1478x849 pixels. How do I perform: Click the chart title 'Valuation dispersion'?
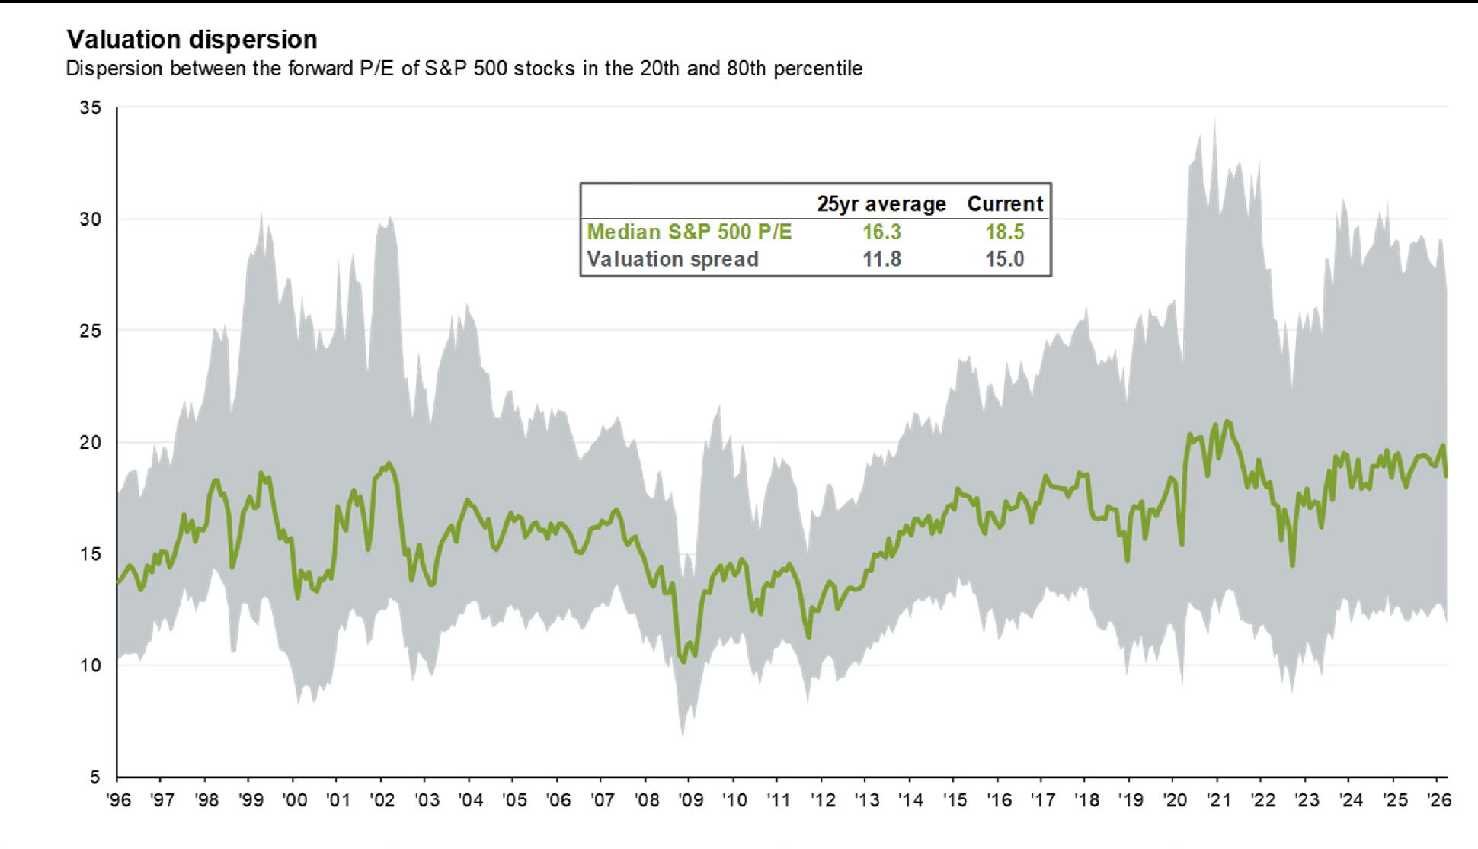pyautogui.click(x=192, y=40)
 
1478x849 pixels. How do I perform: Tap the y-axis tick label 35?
pyautogui.click(x=90, y=108)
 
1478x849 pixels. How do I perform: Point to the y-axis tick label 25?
pyautogui.click(x=90, y=331)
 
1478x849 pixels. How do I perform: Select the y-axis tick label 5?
pyautogui.click(x=95, y=777)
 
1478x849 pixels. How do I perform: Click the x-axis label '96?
pyautogui.click(x=118, y=800)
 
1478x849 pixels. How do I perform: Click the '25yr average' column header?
pyautogui.click(x=881, y=204)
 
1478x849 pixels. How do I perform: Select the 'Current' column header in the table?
pyautogui.click(x=1005, y=204)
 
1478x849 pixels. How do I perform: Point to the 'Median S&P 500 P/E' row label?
pyautogui.click(x=689, y=232)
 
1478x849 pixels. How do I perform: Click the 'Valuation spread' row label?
pyautogui.click(x=673, y=259)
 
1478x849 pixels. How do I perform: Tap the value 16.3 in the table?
pyautogui.click(x=881, y=232)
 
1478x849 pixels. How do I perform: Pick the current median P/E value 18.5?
pyautogui.click(x=1005, y=232)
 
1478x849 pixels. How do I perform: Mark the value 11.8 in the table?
pyautogui.click(x=881, y=259)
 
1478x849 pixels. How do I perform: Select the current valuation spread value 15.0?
pyautogui.click(x=1005, y=259)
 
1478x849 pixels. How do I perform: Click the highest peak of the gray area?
pyautogui.click(x=1214, y=120)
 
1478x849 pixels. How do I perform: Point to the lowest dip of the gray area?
pyautogui.click(x=683, y=735)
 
